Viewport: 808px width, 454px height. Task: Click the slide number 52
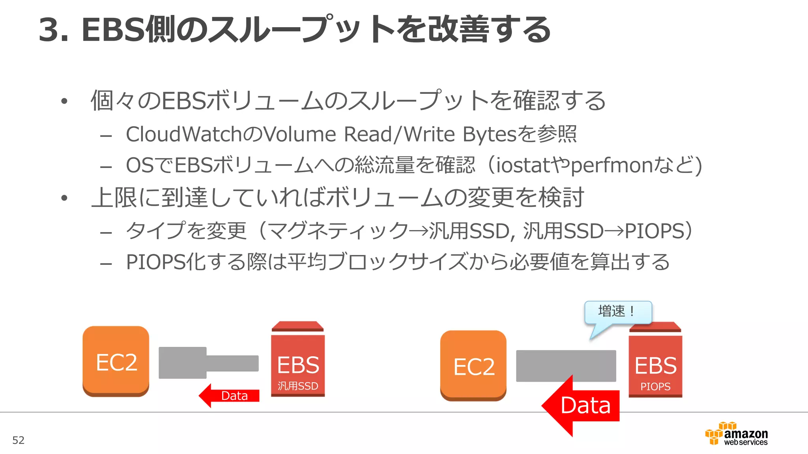click(18, 440)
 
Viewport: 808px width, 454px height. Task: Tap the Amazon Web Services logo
click(737, 434)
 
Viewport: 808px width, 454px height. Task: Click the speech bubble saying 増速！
click(617, 312)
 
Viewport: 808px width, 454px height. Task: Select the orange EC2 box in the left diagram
click(116, 361)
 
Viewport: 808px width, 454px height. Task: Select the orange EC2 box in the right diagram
click(473, 366)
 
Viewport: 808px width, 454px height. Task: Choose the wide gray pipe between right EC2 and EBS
click(566, 365)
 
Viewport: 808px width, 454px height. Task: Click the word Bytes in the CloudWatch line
click(489, 134)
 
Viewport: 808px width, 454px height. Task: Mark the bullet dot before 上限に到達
click(64, 198)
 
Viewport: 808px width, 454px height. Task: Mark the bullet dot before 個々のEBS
click(64, 101)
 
